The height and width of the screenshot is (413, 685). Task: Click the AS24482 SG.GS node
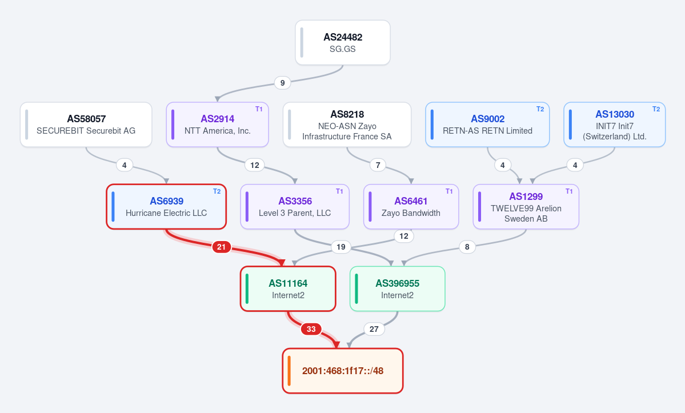pos(343,43)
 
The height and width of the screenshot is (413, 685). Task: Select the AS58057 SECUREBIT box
pos(86,125)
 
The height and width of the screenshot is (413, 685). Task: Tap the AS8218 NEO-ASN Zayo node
pos(347,125)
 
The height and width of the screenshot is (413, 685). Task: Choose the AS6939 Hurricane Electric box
pos(166,207)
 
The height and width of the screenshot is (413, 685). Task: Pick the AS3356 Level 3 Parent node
pos(295,207)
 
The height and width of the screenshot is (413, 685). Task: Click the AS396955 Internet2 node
pos(398,288)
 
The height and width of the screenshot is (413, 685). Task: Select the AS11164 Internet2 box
pos(288,288)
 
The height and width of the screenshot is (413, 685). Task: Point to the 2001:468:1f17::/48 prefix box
pos(343,371)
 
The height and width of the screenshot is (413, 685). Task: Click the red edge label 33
pos(311,329)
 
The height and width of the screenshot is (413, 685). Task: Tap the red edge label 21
pos(222,247)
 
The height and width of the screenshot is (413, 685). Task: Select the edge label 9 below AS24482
pos(283,83)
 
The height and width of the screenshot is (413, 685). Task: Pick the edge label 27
pos(374,329)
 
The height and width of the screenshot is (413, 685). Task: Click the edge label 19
pos(341,247)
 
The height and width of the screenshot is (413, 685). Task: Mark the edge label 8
pos(467,247)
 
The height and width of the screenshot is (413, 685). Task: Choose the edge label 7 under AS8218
pos(378,165)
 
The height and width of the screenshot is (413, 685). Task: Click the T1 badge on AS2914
pos(259,109)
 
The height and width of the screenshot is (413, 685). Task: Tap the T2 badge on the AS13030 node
pos(656,109)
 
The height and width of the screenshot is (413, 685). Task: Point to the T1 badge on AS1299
pos(569,191)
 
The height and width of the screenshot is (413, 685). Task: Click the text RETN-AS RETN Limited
pos(487,131)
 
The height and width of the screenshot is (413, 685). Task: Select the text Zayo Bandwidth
pos(411,213)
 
